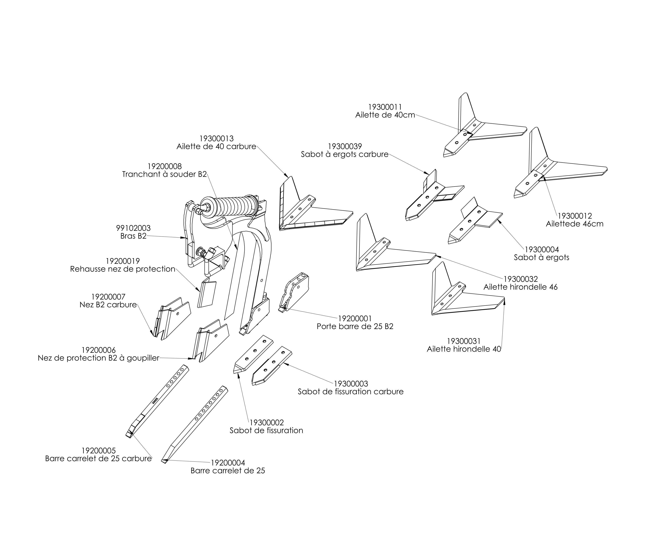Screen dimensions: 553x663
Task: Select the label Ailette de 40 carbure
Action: click(x=216, y=147)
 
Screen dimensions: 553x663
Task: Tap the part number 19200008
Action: click(x=165, y=166)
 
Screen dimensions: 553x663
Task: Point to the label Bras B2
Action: click(x=133, y=236)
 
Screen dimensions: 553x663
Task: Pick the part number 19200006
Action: click(x=98, y=350)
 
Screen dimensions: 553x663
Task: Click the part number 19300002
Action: click(x=266, y=422)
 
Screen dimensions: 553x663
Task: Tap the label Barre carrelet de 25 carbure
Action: click(x=98, y=459)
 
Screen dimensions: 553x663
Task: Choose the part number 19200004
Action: click(x=228, y=463)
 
